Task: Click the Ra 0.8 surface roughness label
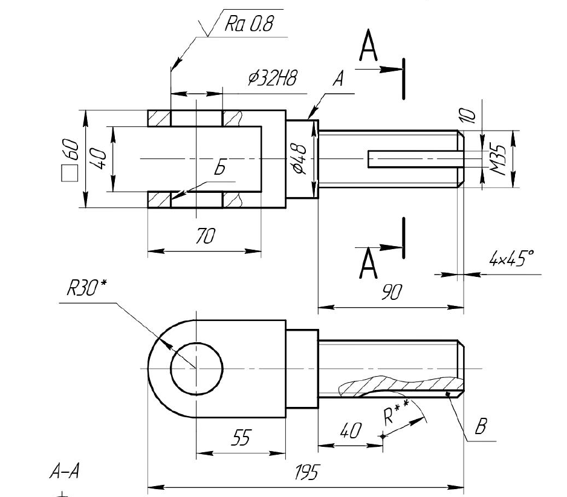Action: (249, 23)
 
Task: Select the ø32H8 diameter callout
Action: (272, 77)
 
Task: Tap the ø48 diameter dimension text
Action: (299, 158)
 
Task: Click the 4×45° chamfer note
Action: (511, 258)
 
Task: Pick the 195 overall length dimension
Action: (307, 472)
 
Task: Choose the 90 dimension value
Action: (392, 292)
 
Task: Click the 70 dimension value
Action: (205, 235)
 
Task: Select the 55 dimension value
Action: (241, 437)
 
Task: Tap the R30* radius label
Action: (87, 288)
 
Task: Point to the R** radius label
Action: (395, 412)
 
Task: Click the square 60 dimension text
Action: (70, 160)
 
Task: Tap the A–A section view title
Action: (64, 472)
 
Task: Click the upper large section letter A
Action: (369, 45)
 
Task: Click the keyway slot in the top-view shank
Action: (416, 159)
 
